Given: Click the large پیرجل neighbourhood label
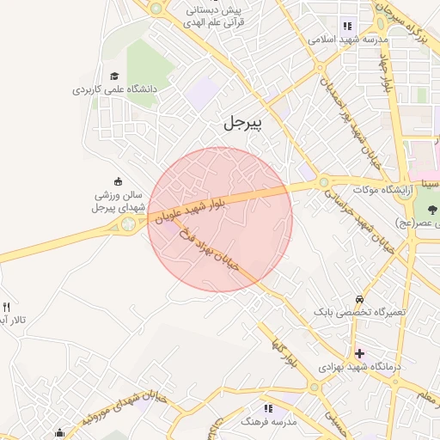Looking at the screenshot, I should coord(243,122).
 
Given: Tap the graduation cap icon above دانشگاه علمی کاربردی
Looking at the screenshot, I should coord(114,76).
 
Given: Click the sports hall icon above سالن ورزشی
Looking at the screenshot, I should coord(118,181).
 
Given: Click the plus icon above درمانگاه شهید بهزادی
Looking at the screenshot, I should coord(359,353).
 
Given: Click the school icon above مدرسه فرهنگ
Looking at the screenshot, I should coord(268,409).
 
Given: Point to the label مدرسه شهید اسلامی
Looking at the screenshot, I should coord(349,40).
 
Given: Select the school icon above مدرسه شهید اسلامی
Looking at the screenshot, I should coord(347,26).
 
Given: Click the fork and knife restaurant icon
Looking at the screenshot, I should coord(7,307).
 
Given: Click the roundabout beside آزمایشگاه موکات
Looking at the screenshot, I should coord(323,181).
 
